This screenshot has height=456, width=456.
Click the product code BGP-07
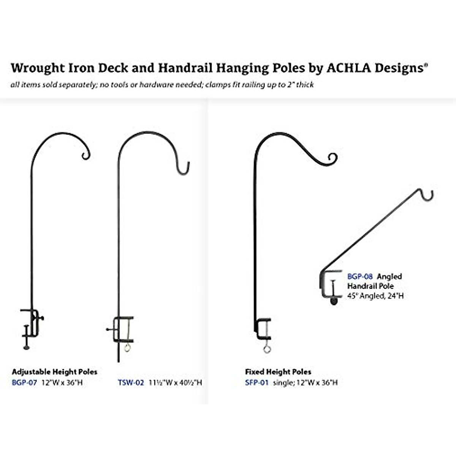24,383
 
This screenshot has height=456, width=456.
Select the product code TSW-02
131,383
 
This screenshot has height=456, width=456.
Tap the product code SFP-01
256,383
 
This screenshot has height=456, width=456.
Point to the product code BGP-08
360,277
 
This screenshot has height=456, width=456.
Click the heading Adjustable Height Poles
54,372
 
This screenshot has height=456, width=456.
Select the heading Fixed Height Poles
278,372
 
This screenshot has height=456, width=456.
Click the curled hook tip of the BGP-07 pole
85,155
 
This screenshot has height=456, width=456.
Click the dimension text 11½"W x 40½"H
175,383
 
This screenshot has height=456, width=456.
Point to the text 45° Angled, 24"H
375,296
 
